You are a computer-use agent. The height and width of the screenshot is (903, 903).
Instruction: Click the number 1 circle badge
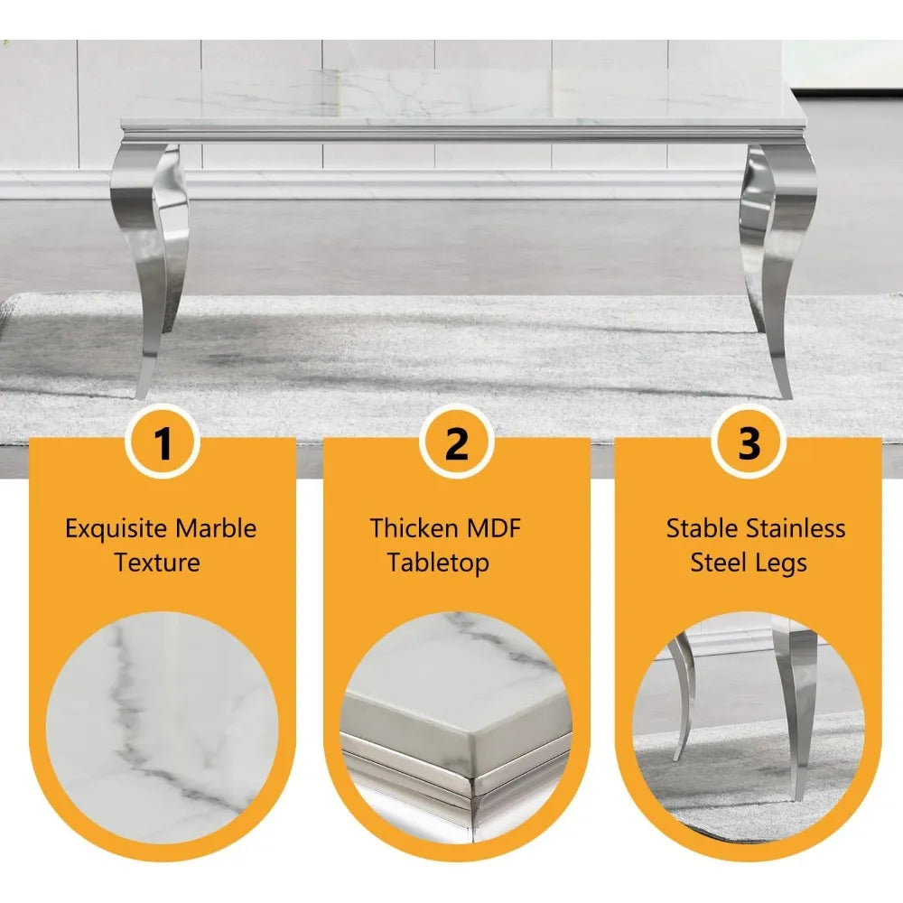click(x=163, y=443)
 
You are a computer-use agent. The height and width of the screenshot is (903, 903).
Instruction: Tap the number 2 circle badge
click(x=457, y=443)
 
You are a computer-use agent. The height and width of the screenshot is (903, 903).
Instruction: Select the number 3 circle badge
click(x=749, y=443)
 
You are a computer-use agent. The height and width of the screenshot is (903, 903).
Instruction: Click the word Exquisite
click(x=116, y=529)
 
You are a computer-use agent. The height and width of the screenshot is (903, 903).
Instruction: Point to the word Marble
click(x=217, y=528)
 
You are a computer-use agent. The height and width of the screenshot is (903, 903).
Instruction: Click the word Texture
click(x=157, y=563)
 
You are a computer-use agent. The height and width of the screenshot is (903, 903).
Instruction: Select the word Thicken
click(x=413, y=528)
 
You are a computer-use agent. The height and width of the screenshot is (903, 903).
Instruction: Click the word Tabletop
click(x=439, y=563)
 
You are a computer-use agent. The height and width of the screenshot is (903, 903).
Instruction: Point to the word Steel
click(x=720, y=563)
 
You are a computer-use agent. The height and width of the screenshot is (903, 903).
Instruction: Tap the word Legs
click(x=782, y=563)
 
